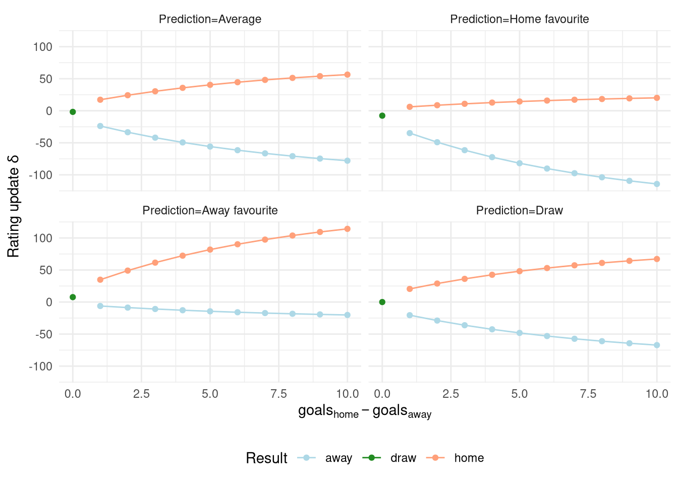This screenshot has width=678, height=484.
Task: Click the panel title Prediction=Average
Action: point(210,19)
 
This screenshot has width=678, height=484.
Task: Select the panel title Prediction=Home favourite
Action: point(519,19)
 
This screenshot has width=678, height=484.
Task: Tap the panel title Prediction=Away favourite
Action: point(210,210)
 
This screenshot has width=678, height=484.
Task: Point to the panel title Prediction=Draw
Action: point(519,210)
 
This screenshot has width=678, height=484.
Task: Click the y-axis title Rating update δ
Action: point(14,206)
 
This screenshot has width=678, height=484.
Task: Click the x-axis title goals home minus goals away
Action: point(364,411)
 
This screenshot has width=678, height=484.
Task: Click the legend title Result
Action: point(266,458)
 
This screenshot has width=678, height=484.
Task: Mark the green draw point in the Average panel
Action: point(73,112)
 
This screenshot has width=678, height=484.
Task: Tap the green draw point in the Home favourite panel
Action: point(382,115)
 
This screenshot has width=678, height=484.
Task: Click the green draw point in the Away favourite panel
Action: point(73,297)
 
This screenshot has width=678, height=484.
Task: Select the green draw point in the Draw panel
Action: point(382,302)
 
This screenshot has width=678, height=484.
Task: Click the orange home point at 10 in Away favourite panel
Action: point(347,229)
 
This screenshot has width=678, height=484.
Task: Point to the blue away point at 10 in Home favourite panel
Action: point(657,184)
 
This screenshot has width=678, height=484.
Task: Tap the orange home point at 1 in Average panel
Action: point(100,100)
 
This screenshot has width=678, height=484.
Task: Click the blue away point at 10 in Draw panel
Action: point(657,345)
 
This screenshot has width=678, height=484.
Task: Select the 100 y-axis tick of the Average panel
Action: point(42,47)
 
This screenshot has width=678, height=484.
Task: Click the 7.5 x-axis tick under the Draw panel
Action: point(588,394)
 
